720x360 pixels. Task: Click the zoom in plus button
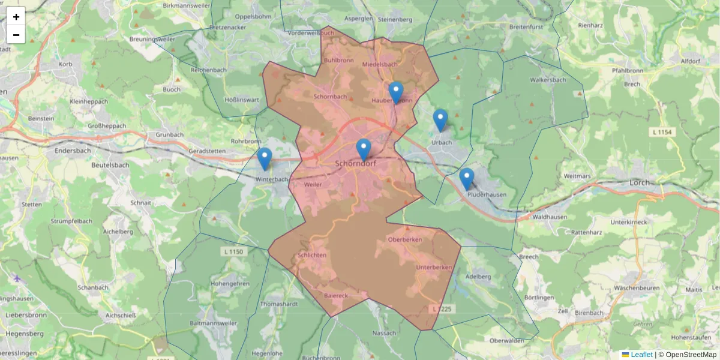(x=16, y=17)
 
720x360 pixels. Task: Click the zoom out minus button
(x=16, y=35)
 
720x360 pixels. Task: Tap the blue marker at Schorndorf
(x=364, y=149)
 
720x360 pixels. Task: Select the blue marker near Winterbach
(x=265, y=158)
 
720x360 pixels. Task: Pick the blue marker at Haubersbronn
(x=395, y=92)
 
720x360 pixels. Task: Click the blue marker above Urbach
(x=440, y=120)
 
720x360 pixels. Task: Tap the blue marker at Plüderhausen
(x=467, y=179)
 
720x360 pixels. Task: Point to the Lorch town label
(x=641, y=182)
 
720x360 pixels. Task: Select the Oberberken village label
(x=405, y=239)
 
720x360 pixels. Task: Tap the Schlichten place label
(x=312, y=255)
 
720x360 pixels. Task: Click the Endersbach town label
(x=72, y=152)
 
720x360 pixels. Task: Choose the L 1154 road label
(x=662, y=131)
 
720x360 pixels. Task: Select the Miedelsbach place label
(x=380, y=64)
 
